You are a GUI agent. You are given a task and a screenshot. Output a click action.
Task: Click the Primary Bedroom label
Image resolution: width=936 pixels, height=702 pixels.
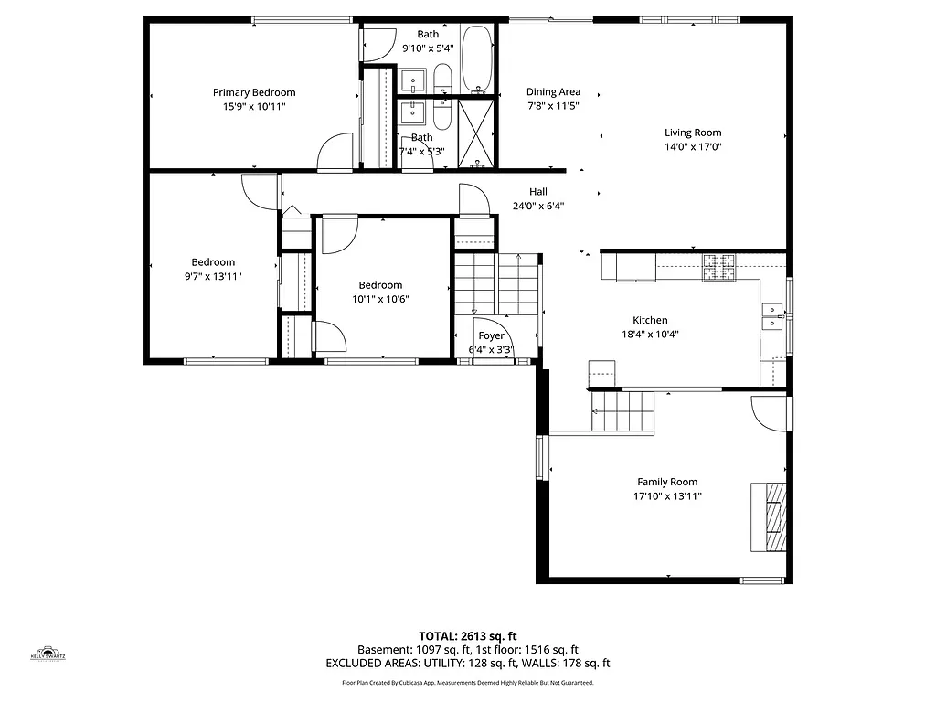254,92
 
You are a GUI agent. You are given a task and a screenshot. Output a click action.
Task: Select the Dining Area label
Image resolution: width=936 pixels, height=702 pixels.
553,91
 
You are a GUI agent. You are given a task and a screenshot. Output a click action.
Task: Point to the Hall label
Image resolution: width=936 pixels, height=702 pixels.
538,192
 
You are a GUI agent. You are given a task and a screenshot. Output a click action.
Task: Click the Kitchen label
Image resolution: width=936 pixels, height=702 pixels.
650,320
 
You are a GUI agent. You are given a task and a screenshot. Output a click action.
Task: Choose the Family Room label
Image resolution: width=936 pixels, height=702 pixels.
667,482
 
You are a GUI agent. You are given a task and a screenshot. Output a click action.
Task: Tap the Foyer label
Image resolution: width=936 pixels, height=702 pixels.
491,336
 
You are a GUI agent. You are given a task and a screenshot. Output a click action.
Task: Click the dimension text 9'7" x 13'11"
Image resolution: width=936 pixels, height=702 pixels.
213,276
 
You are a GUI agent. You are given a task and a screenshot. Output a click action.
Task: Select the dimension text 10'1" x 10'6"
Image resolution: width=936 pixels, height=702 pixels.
380,299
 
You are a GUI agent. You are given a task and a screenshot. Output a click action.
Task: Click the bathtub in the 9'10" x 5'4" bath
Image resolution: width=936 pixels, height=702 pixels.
477,59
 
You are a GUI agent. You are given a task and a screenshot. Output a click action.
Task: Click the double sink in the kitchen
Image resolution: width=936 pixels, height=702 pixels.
772,315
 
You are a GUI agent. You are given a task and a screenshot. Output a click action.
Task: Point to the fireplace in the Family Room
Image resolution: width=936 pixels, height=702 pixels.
769,516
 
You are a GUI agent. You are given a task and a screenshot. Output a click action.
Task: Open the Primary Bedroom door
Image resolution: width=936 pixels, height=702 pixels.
335,154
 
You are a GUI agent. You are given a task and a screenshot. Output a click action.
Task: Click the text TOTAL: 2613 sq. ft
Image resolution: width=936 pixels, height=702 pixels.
468,636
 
